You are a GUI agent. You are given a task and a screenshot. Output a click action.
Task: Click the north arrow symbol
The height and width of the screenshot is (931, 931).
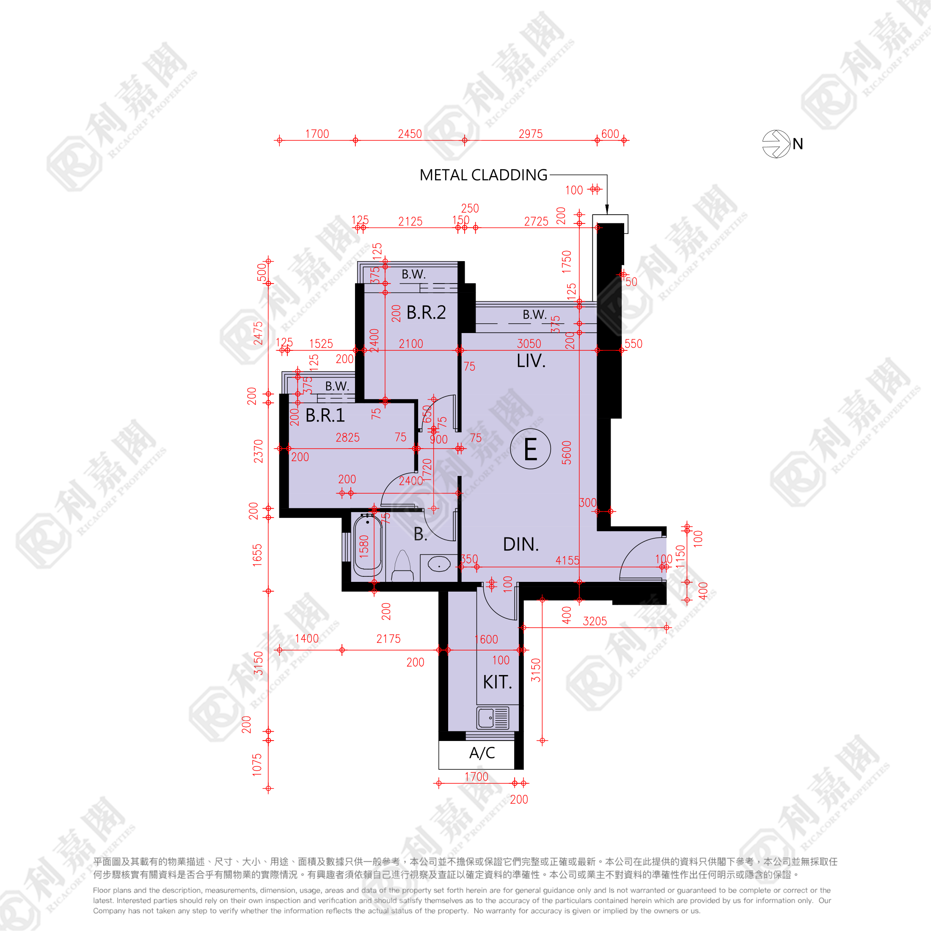pos(776,143)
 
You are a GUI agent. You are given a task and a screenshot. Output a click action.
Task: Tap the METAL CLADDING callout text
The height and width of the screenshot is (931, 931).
pos(483,175)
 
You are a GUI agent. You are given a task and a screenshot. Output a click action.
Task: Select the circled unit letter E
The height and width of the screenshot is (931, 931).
pos(530,449)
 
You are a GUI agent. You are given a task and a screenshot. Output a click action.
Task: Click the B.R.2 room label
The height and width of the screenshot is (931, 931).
pos(426,312)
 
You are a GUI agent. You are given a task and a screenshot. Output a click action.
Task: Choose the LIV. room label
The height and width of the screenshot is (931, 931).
pos(531,361)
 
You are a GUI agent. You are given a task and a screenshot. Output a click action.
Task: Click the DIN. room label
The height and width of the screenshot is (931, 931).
pos(521,545)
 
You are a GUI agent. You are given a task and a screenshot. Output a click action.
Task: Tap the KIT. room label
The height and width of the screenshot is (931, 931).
pos(497,682)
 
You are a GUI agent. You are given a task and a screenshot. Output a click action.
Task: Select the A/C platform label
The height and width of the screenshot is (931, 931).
pos(482,753)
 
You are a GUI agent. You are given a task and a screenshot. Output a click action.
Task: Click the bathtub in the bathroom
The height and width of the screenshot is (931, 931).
pos(368,548)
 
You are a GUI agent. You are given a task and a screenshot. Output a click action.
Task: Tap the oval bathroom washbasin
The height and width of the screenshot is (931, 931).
pos(439,564)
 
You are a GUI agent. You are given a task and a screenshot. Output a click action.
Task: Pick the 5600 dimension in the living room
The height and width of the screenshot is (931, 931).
pos(567,452)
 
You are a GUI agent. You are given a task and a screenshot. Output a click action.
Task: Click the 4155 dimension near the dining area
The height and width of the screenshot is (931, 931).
pos(567,560)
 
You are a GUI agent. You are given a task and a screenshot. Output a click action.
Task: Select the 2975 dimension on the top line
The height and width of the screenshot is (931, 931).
pos(530,134)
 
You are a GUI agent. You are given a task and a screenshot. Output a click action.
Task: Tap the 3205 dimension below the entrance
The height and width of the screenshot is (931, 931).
pos(595,621)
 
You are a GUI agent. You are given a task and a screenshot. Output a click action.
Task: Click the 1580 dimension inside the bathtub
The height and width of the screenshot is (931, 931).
pos(364,546)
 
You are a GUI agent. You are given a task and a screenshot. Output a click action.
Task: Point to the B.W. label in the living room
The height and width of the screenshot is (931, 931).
pos(534,315)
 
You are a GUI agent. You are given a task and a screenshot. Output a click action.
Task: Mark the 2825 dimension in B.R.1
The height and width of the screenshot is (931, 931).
pos(347,438)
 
